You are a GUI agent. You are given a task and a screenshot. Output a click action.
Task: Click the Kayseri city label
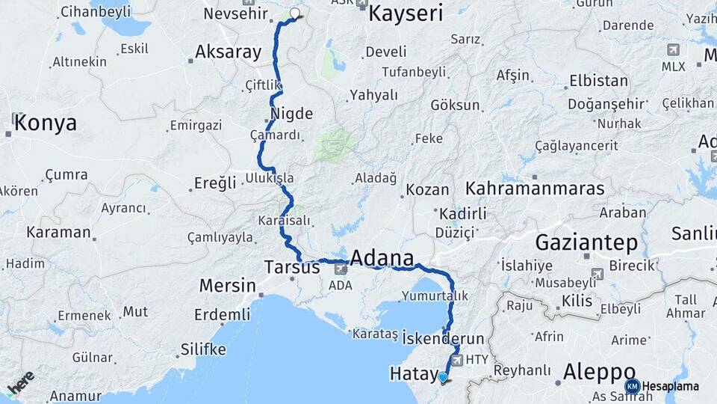coord(406,13)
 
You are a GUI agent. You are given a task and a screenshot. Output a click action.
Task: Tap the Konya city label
coord(45,123)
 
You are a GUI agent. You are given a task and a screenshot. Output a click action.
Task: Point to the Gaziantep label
coord(586,242)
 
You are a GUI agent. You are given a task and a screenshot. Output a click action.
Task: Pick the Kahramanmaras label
coord(535,188)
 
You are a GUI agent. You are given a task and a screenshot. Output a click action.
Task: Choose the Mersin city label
coord(226,285)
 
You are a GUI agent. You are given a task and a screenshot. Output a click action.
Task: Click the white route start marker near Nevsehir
coord(294,13)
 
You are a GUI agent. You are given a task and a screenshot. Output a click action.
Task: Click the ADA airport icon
coord(341,268)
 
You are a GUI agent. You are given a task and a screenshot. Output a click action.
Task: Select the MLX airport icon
coord(673,50)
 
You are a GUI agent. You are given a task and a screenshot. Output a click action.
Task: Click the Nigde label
coord(291,113)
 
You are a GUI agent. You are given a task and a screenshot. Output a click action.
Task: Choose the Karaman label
coord(58,232)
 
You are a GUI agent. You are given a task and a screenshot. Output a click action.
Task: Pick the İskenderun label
coord(443,339)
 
